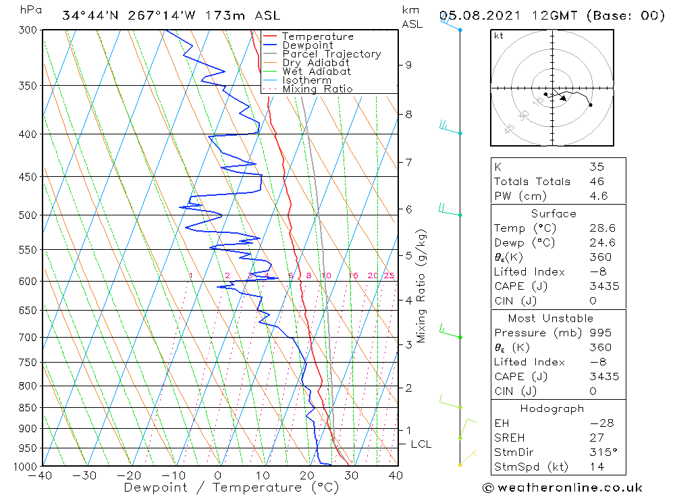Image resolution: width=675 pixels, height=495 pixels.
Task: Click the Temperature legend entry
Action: point(317,36)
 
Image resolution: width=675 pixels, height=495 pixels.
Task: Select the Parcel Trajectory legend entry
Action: point(331,54)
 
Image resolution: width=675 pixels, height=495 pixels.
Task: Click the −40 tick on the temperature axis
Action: point(41,475)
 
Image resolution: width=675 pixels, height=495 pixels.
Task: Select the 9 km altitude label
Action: point(408,65)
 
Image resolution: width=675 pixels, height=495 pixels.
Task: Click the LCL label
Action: point(421,444)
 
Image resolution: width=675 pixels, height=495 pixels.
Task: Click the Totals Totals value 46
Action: point(597,182)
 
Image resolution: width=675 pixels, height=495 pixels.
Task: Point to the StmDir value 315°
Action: point(600,452)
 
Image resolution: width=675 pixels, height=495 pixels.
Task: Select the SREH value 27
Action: point(597,438)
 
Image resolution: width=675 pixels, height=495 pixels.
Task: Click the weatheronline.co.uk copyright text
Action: point(562,488)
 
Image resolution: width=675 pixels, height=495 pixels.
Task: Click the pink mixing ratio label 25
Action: point(389,276)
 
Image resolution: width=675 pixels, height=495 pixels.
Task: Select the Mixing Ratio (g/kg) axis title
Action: point(421,286)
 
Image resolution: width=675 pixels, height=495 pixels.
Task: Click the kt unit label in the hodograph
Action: point(498,36)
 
